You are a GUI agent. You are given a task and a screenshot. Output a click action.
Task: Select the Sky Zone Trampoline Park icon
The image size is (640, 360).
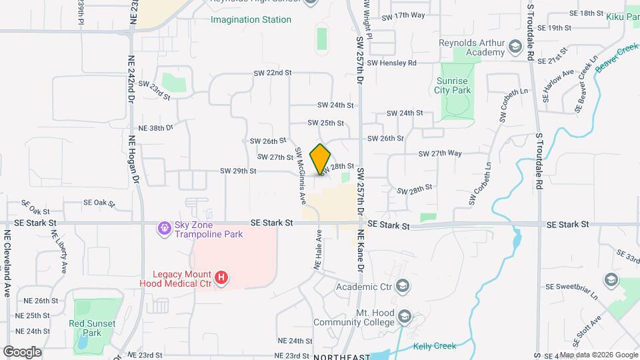(164, 229)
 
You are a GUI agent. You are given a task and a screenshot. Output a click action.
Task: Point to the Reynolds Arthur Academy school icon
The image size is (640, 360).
(514, 47)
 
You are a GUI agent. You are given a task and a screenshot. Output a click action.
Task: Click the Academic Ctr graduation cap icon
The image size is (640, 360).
(402, 287)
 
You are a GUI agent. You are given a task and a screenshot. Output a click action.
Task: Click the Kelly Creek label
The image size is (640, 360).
(435, 346)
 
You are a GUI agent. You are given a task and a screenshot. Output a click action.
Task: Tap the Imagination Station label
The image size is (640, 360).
(251, 20)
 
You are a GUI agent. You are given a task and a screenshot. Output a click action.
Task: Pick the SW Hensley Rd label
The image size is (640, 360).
(391, 63)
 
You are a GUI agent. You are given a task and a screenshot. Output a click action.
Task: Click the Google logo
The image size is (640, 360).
(22, 351)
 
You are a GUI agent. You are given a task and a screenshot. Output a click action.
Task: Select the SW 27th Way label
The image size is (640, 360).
(440, 153)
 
